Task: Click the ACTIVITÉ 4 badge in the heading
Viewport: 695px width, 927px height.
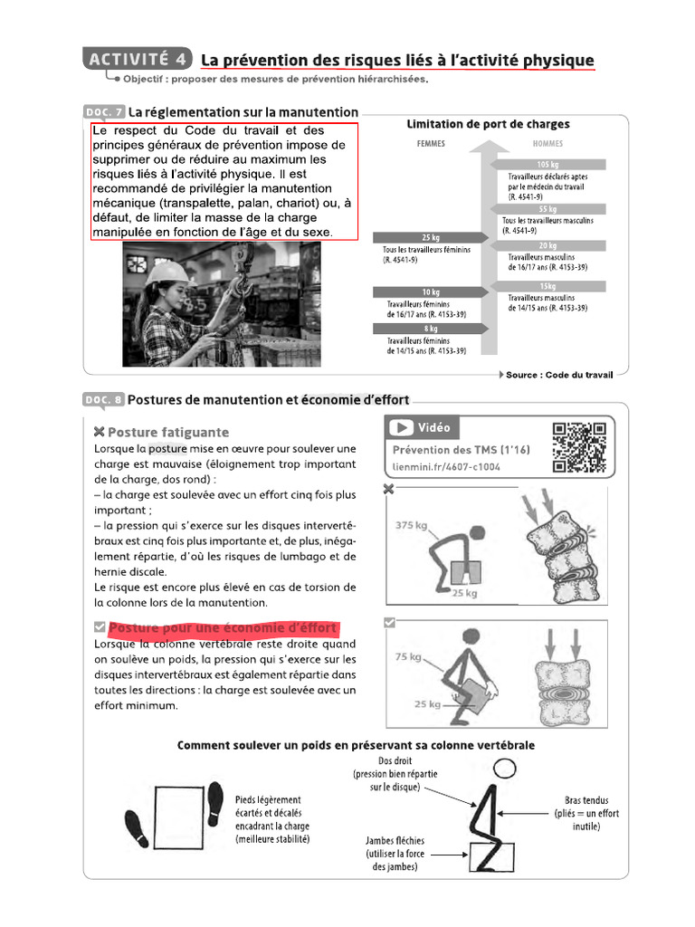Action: [x=138, y=59]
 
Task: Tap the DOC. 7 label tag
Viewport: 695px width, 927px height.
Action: [x=104, y=112]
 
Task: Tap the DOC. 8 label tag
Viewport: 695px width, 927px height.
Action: [x=104, y=399]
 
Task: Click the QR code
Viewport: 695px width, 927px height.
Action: [x=579, y=447]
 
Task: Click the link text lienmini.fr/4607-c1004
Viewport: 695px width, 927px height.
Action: [x=445, y=467]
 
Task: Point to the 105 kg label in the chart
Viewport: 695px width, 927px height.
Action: [x=547, y=164]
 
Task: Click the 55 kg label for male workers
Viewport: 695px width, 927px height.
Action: [x=547, y=209]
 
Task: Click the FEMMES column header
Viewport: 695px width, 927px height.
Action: [x=430, y=143]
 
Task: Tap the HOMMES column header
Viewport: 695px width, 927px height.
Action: [x=547, y=143]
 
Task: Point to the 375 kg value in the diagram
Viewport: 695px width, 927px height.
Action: [x=412, y=526]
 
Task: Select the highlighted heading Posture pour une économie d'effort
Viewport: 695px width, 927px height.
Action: [x=223, y=628]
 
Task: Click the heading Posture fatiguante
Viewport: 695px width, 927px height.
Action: [x=168, y=432]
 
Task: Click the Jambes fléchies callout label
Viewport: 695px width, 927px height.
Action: [x=395, y=841]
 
